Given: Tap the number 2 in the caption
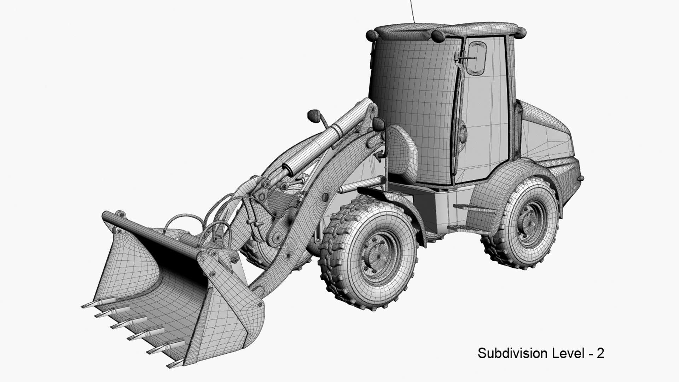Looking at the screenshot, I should click(x=600, y=353).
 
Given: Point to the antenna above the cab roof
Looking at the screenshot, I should click(x=412, y=11).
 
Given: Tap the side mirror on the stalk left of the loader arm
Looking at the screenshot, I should click(x=314, y=115).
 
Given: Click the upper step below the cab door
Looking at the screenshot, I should click(x=474, y=209).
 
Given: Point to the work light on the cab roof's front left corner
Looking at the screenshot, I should click(x=372, y=35).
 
